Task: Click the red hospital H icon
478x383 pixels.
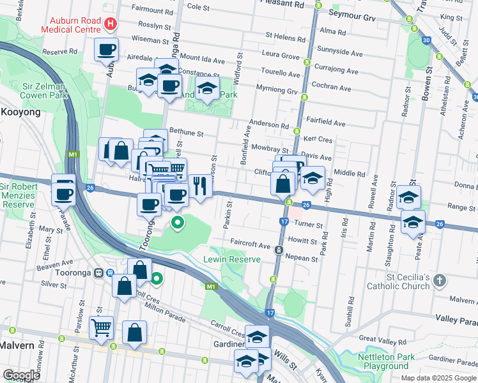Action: point(111,24)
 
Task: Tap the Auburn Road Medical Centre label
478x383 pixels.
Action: point(72,24)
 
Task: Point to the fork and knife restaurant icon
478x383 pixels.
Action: point(200,186)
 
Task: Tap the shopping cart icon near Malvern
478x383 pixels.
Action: point(101,327)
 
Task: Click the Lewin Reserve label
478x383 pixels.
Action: point(232,259)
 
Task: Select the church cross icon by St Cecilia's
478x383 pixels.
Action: point(438,280)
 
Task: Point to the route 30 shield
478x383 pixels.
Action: point(426,41)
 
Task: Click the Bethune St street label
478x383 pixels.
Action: point(187,134)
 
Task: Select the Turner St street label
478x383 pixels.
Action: point(309,225)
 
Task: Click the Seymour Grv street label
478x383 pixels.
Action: point(351,13)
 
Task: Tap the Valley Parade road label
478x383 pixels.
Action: point(456,318)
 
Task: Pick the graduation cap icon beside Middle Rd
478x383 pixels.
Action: point(312,178)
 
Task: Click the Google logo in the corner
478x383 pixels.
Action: point(21,375)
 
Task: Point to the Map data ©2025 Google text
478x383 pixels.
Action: point(438,378)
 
